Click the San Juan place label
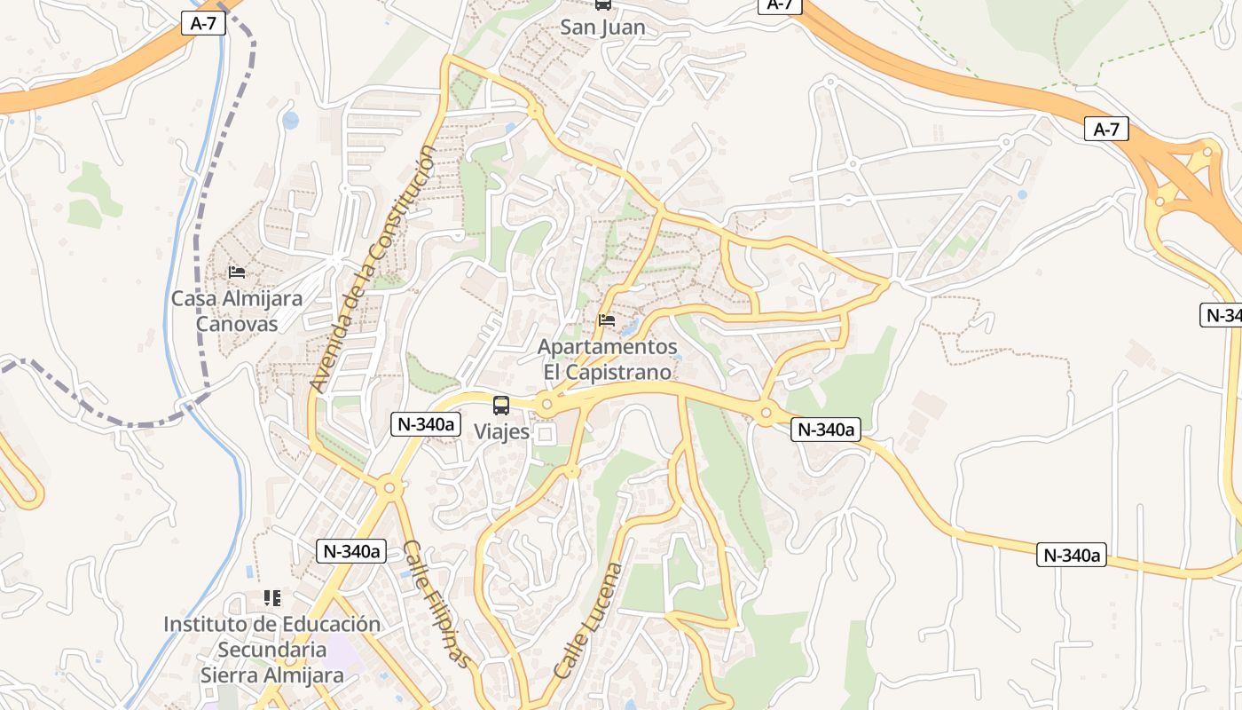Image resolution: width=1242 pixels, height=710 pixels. point(602,28)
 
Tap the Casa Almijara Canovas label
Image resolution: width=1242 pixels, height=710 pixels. point(237,311)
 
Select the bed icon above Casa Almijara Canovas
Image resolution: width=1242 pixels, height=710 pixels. point(237,272)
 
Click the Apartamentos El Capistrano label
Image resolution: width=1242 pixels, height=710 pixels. point(608,359)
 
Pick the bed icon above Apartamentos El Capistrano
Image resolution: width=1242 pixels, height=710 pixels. point(607,319)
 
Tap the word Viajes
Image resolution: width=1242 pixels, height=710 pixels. point(501,432)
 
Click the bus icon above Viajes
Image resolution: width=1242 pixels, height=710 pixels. point(501,406)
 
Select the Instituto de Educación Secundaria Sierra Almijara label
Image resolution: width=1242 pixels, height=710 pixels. point(271,650)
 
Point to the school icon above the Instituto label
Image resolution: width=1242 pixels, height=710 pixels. point(271,598)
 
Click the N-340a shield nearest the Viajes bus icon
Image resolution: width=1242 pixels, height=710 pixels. point(425,424)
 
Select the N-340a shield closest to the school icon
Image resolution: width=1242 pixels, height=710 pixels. point(350,551)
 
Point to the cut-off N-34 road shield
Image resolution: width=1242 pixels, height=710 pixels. point(1222,315)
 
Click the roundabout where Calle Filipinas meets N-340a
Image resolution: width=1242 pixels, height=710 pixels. point(388,487)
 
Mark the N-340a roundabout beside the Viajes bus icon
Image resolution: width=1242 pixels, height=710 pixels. point(546,405)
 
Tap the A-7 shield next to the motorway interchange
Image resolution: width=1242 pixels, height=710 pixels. point(1106,130)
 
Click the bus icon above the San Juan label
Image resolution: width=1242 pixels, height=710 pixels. point(603,4)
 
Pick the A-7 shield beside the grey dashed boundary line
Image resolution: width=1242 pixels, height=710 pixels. point(203,24)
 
